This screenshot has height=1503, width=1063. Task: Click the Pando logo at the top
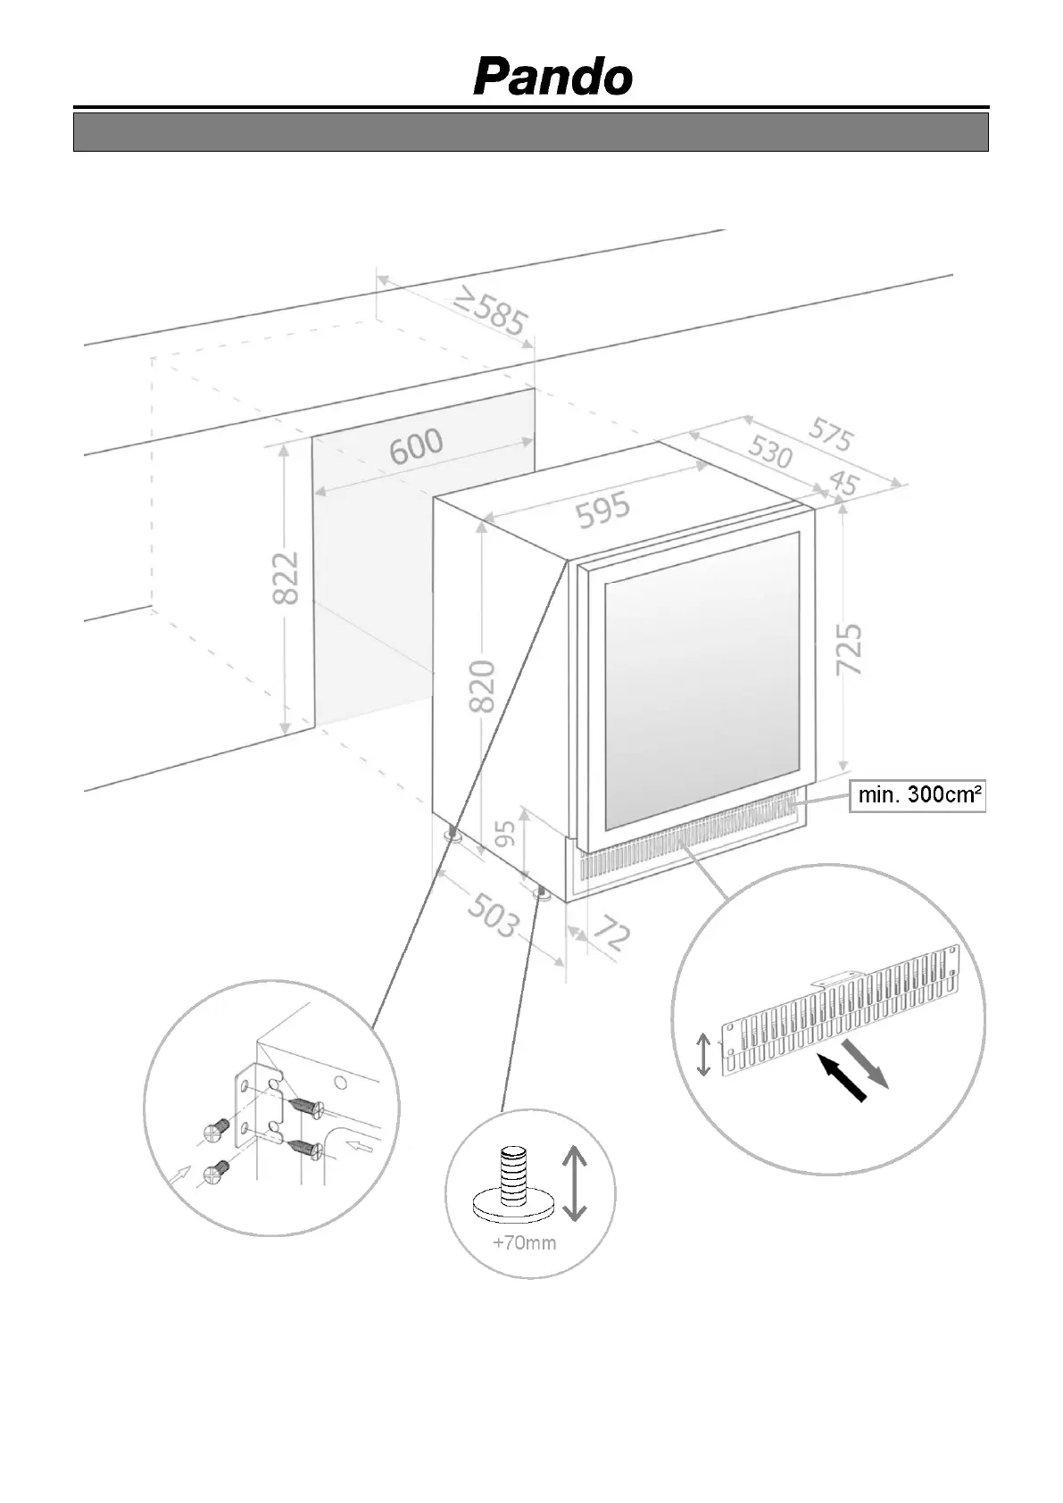[552, 78]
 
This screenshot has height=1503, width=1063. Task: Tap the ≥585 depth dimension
[490, 311]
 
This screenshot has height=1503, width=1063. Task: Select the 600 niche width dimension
[416, 446]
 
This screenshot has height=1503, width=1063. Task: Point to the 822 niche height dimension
[286, 577]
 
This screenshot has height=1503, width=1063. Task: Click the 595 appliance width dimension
[602, 511]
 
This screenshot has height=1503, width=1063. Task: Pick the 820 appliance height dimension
[482, 685]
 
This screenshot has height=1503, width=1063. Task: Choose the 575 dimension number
[831, 435]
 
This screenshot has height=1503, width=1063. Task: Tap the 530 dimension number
[769, 453]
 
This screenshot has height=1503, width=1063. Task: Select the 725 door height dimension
[850, 649]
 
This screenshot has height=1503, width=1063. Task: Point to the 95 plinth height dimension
[505, 834]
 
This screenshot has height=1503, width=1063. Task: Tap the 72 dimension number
[611, 934]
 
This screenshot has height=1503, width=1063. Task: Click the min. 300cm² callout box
[918, 794]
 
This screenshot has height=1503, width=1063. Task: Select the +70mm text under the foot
[524, 1242]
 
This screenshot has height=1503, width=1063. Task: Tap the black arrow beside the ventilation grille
[843, 1078]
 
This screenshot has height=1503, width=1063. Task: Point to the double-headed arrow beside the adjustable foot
[574, 1183]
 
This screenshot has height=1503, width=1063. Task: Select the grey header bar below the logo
[531, 132]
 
